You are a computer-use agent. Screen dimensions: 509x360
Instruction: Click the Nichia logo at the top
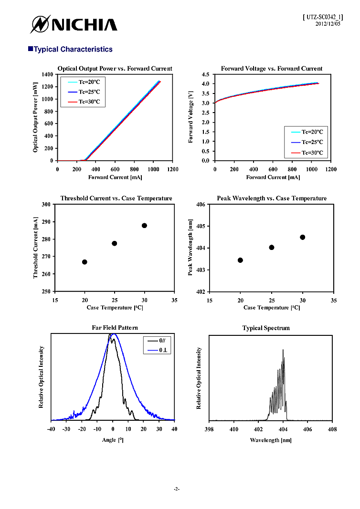(74, 24)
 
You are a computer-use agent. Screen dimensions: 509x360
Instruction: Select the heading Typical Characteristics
(73, 49)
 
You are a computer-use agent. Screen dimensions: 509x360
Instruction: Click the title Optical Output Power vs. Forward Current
(115, 69)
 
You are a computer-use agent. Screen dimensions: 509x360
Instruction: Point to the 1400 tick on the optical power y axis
(47, 74)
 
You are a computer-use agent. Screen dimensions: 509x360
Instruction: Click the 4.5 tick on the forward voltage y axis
(205, 74)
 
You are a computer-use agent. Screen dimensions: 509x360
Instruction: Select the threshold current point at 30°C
(144, 226)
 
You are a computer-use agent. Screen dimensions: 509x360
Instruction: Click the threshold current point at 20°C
(85, 262)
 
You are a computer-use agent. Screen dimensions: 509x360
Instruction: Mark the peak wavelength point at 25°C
(272, 247)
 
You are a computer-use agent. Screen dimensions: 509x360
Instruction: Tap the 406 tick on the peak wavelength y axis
(201, 204)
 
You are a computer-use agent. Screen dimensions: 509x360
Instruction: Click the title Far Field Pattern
(115, 328)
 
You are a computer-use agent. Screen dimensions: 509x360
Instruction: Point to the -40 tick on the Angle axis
(52, 429)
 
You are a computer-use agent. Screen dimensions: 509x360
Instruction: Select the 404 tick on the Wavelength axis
(283, 429)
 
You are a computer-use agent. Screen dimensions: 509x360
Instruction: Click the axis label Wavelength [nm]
(271, 440)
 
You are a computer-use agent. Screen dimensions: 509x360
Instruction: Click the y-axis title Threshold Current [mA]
(35, 248)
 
